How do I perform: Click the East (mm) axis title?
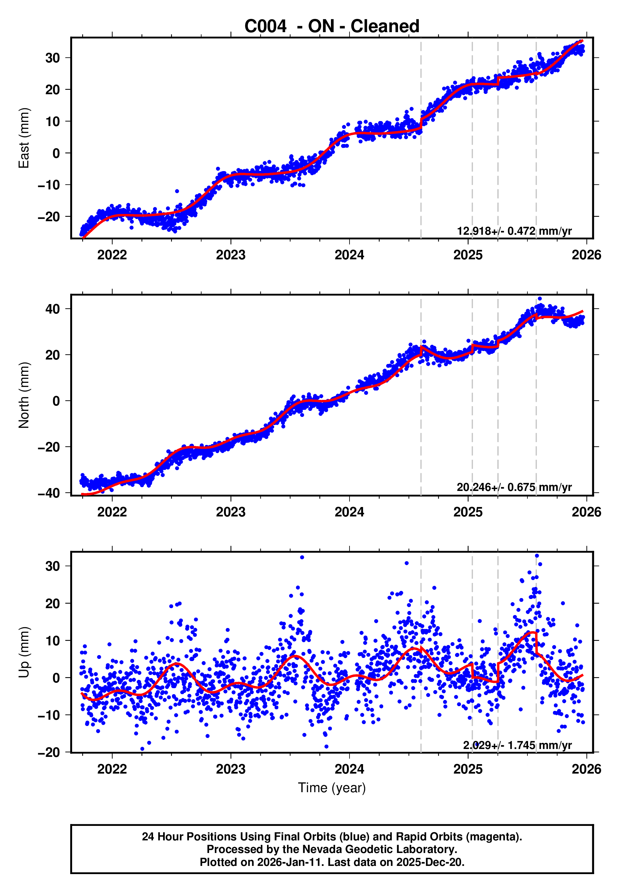(x=24, y=138)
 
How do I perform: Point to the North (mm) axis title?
(x=24, y=395)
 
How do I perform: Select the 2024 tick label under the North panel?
(x=349, y=512)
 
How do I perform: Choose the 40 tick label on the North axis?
(x=53, y=309)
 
